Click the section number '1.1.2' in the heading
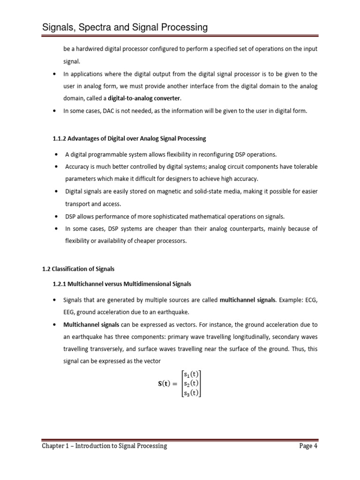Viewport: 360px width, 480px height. (x=59, y=139)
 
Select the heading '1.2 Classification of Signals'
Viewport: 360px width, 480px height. (x=78, y=269)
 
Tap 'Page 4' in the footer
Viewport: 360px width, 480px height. (x=308, y=446)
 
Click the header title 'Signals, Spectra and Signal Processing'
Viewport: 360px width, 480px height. (x=125, y=28)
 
